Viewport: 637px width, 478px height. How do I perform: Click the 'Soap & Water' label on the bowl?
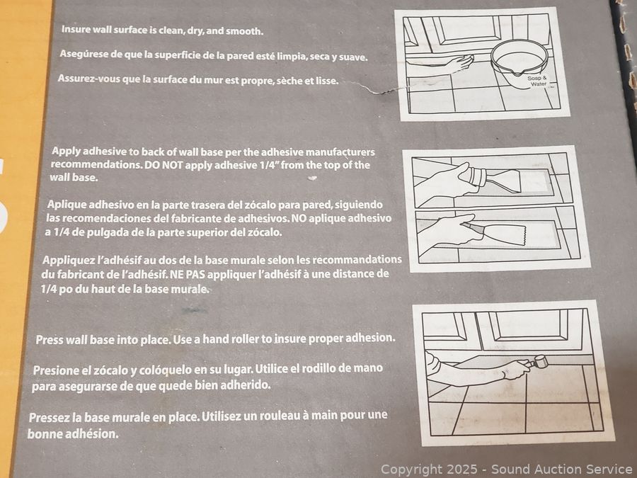pyautogui.click(x=537, y=81)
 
